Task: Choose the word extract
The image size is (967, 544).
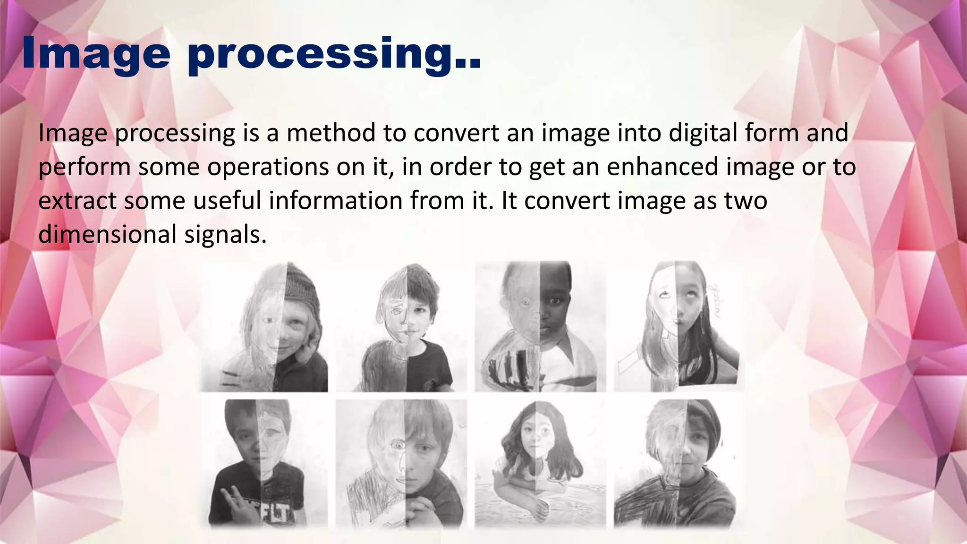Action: pos(77,201)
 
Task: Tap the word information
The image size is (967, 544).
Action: pos(335,201)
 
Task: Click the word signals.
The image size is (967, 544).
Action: pos(225,235)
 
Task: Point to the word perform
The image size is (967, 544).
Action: pos(85,168)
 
